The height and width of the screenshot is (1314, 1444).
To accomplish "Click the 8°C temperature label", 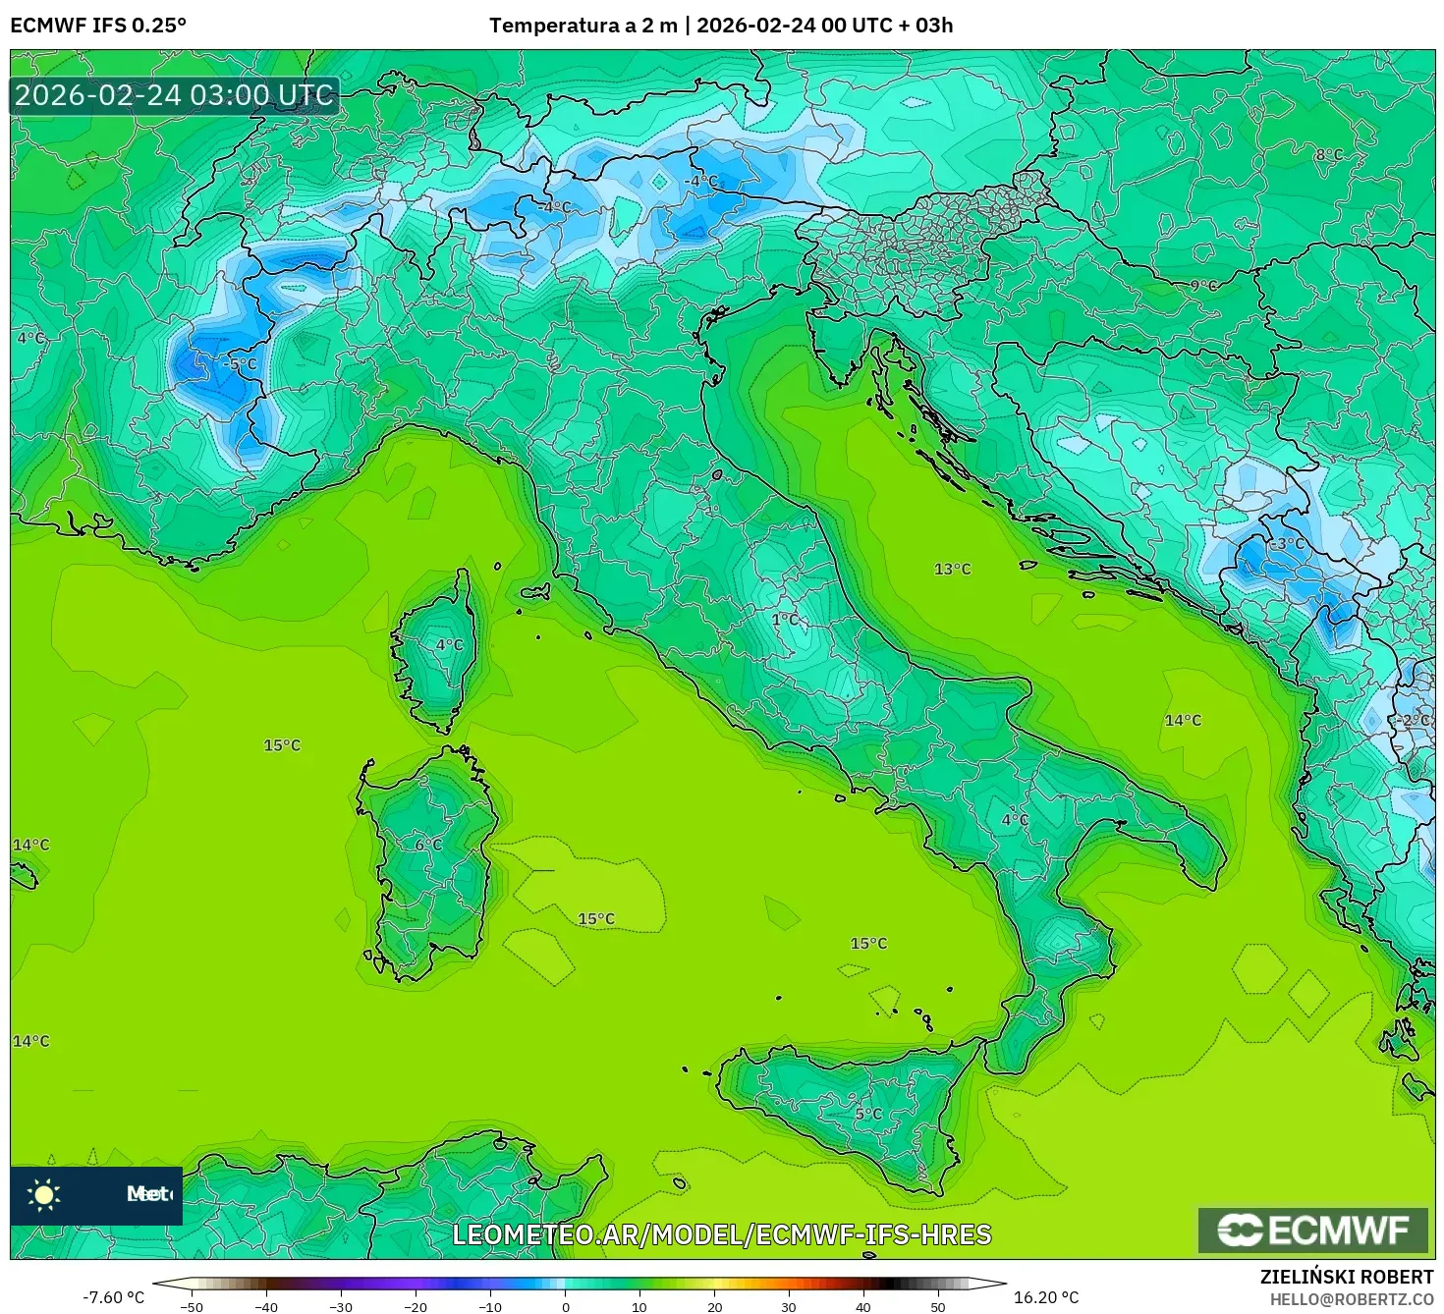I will tap(1328, 155).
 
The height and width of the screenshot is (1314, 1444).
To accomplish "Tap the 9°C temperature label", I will tap(1203, 286).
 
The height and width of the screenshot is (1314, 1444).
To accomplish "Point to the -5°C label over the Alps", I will tap(240, 364).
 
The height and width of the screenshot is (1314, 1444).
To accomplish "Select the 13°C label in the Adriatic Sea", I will tap(952, 569).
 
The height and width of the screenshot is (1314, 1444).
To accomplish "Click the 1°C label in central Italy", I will tap(786, 620).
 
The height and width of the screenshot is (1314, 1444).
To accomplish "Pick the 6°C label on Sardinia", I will tap(428, 845).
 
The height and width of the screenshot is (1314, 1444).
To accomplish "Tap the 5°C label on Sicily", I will tap(868, 1114).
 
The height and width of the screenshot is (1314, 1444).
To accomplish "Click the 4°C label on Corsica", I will tap(449, 645).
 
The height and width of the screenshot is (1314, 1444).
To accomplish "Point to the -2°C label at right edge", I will tap(1413, 720).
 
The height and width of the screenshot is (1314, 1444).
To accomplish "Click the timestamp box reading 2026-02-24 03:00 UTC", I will tap(175, 96).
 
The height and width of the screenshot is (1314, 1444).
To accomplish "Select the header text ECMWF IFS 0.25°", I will tap(98, 26).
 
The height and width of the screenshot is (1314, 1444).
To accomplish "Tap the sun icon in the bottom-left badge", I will tap(44, 1194).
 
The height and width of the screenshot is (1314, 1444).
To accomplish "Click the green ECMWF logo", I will tap(1312, 1230).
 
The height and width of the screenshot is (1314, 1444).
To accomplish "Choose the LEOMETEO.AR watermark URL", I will tap(722, 1234).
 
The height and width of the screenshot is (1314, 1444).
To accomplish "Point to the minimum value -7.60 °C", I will tap(113, 1297).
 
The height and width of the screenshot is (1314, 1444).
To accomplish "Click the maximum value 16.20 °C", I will tap(1046, 1297).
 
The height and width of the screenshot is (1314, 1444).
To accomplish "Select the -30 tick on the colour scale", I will tap(341, 1307).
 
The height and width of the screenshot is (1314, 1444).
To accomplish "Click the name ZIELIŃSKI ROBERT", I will tap(1347, 1277).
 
